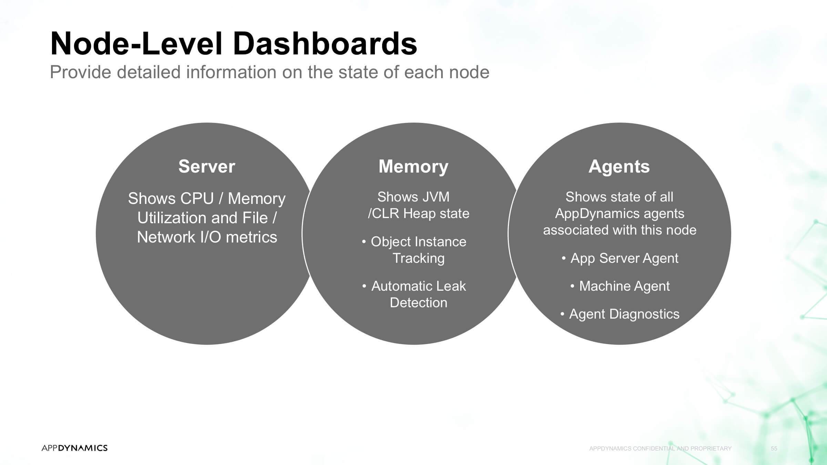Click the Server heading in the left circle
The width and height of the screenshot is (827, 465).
tap(207, 166)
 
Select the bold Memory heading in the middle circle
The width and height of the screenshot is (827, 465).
tap(413, 167)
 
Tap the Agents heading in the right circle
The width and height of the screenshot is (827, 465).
tap(619, 167)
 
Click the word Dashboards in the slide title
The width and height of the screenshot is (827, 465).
tap(325, 43)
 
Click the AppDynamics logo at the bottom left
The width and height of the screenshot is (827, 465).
tap(74, 448)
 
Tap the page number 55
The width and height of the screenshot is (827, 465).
tap(774, 448)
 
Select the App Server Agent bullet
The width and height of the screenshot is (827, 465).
tap(620, 258)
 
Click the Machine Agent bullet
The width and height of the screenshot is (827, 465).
tap(620, 286)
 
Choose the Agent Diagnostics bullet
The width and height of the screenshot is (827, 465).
tap(620, 314)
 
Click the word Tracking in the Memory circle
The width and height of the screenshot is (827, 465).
tap(419, 258)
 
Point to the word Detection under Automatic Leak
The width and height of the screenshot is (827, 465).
tap(419, 302)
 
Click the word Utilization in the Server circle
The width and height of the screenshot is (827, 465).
tap(172, 218)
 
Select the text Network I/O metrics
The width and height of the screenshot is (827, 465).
tap(207, 237)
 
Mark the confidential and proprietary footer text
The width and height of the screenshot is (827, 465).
tap(660, 448)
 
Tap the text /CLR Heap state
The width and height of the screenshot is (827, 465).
tap(419, 214)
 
